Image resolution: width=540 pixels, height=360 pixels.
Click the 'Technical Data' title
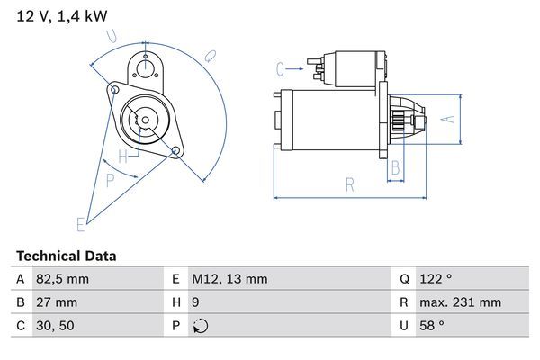click(66, 256)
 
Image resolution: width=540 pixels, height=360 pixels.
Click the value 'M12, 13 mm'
click(229, 279)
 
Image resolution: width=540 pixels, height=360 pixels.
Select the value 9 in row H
click(196, 302)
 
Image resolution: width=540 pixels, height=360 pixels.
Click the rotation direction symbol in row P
click(200, 326)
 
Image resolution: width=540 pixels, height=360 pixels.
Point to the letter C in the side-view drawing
click(280, 67)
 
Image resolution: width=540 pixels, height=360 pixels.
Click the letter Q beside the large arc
click(210, 56)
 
